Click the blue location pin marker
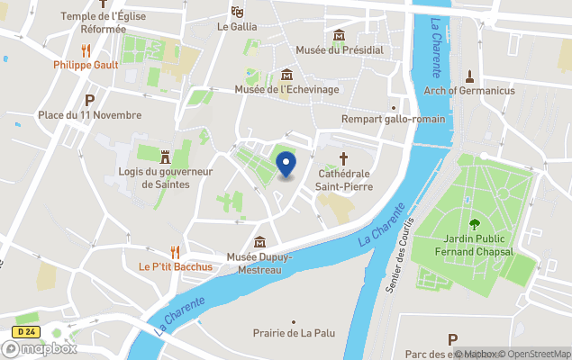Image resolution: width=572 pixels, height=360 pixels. (x=286, y=165)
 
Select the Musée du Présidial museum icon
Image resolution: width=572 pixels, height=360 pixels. (x=340, y=36)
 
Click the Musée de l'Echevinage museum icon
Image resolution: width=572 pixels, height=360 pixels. (x=286, y=74)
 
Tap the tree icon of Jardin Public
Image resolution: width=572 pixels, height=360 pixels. (x=474, y=224)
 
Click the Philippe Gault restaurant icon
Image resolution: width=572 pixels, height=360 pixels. (x=86, y=50)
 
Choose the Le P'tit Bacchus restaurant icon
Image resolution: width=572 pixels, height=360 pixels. (x=176, y=252)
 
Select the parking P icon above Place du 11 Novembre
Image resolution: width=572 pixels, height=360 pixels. (x=89, y=100)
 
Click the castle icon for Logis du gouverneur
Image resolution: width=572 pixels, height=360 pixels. (x=165, y=157)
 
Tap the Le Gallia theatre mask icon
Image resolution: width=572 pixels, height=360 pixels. (x=237, y=12)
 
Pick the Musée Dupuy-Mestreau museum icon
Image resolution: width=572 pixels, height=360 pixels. (x=259, y=241)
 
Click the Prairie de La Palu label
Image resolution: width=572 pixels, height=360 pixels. (x=294, y=333)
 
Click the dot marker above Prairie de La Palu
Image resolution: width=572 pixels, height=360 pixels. (x=294, y=320)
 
